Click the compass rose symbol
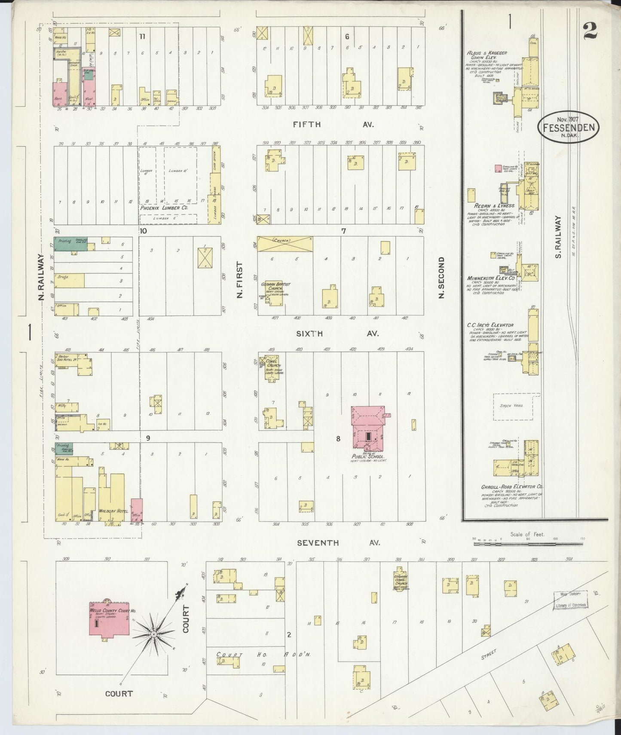pos(153,634)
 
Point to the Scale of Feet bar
pos(529,544)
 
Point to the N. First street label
pos(240,280)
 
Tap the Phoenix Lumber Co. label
pos(164,208)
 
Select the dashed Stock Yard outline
pos(513,406)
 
